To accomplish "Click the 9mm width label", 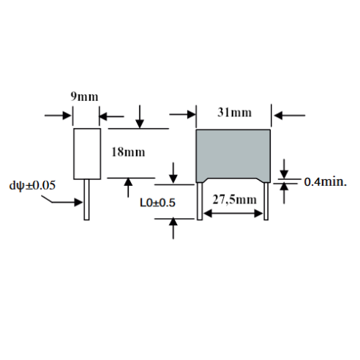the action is coord(84,97).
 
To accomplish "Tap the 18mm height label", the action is coord(128,152).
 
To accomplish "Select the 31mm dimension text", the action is coord(234,113).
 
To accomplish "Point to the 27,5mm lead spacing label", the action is coord(234,200).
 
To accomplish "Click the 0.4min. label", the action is coord(326,182).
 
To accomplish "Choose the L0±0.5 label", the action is coord(157,203).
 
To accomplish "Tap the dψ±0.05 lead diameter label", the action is coord(32,185).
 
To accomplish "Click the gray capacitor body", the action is coord(233,156).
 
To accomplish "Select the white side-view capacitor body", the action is coord(87,154).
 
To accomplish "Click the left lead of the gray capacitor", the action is coord(200,201).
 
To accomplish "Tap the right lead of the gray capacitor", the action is coord(266,201).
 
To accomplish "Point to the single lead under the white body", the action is coord(86,200).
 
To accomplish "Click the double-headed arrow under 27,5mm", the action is coord(233,214).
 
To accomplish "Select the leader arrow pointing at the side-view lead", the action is coord(61,200).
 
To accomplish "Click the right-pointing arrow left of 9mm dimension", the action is coord(58,116).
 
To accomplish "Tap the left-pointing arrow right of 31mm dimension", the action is coord(289,115).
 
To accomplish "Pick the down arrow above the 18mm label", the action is coord(140,116).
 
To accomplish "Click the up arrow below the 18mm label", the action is coord(128,188).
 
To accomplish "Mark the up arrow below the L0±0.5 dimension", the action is coord(173,228).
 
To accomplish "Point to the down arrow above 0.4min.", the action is coord(284,169).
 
